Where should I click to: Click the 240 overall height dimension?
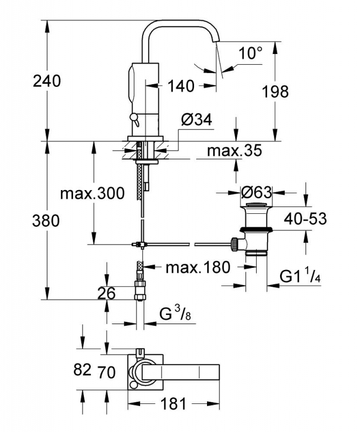coord(46,82)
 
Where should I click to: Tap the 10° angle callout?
coord(250,53)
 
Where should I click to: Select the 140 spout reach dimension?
coord(181,86)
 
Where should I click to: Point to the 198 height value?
coord(275,91)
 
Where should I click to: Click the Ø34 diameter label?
coord(197,120)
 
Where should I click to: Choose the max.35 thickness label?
coord(234,151)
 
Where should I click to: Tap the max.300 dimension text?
coord(92,193)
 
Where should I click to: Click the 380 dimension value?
coord(46,221)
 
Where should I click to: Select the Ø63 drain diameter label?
coord(256,192)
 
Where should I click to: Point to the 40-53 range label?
coord(305,219)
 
